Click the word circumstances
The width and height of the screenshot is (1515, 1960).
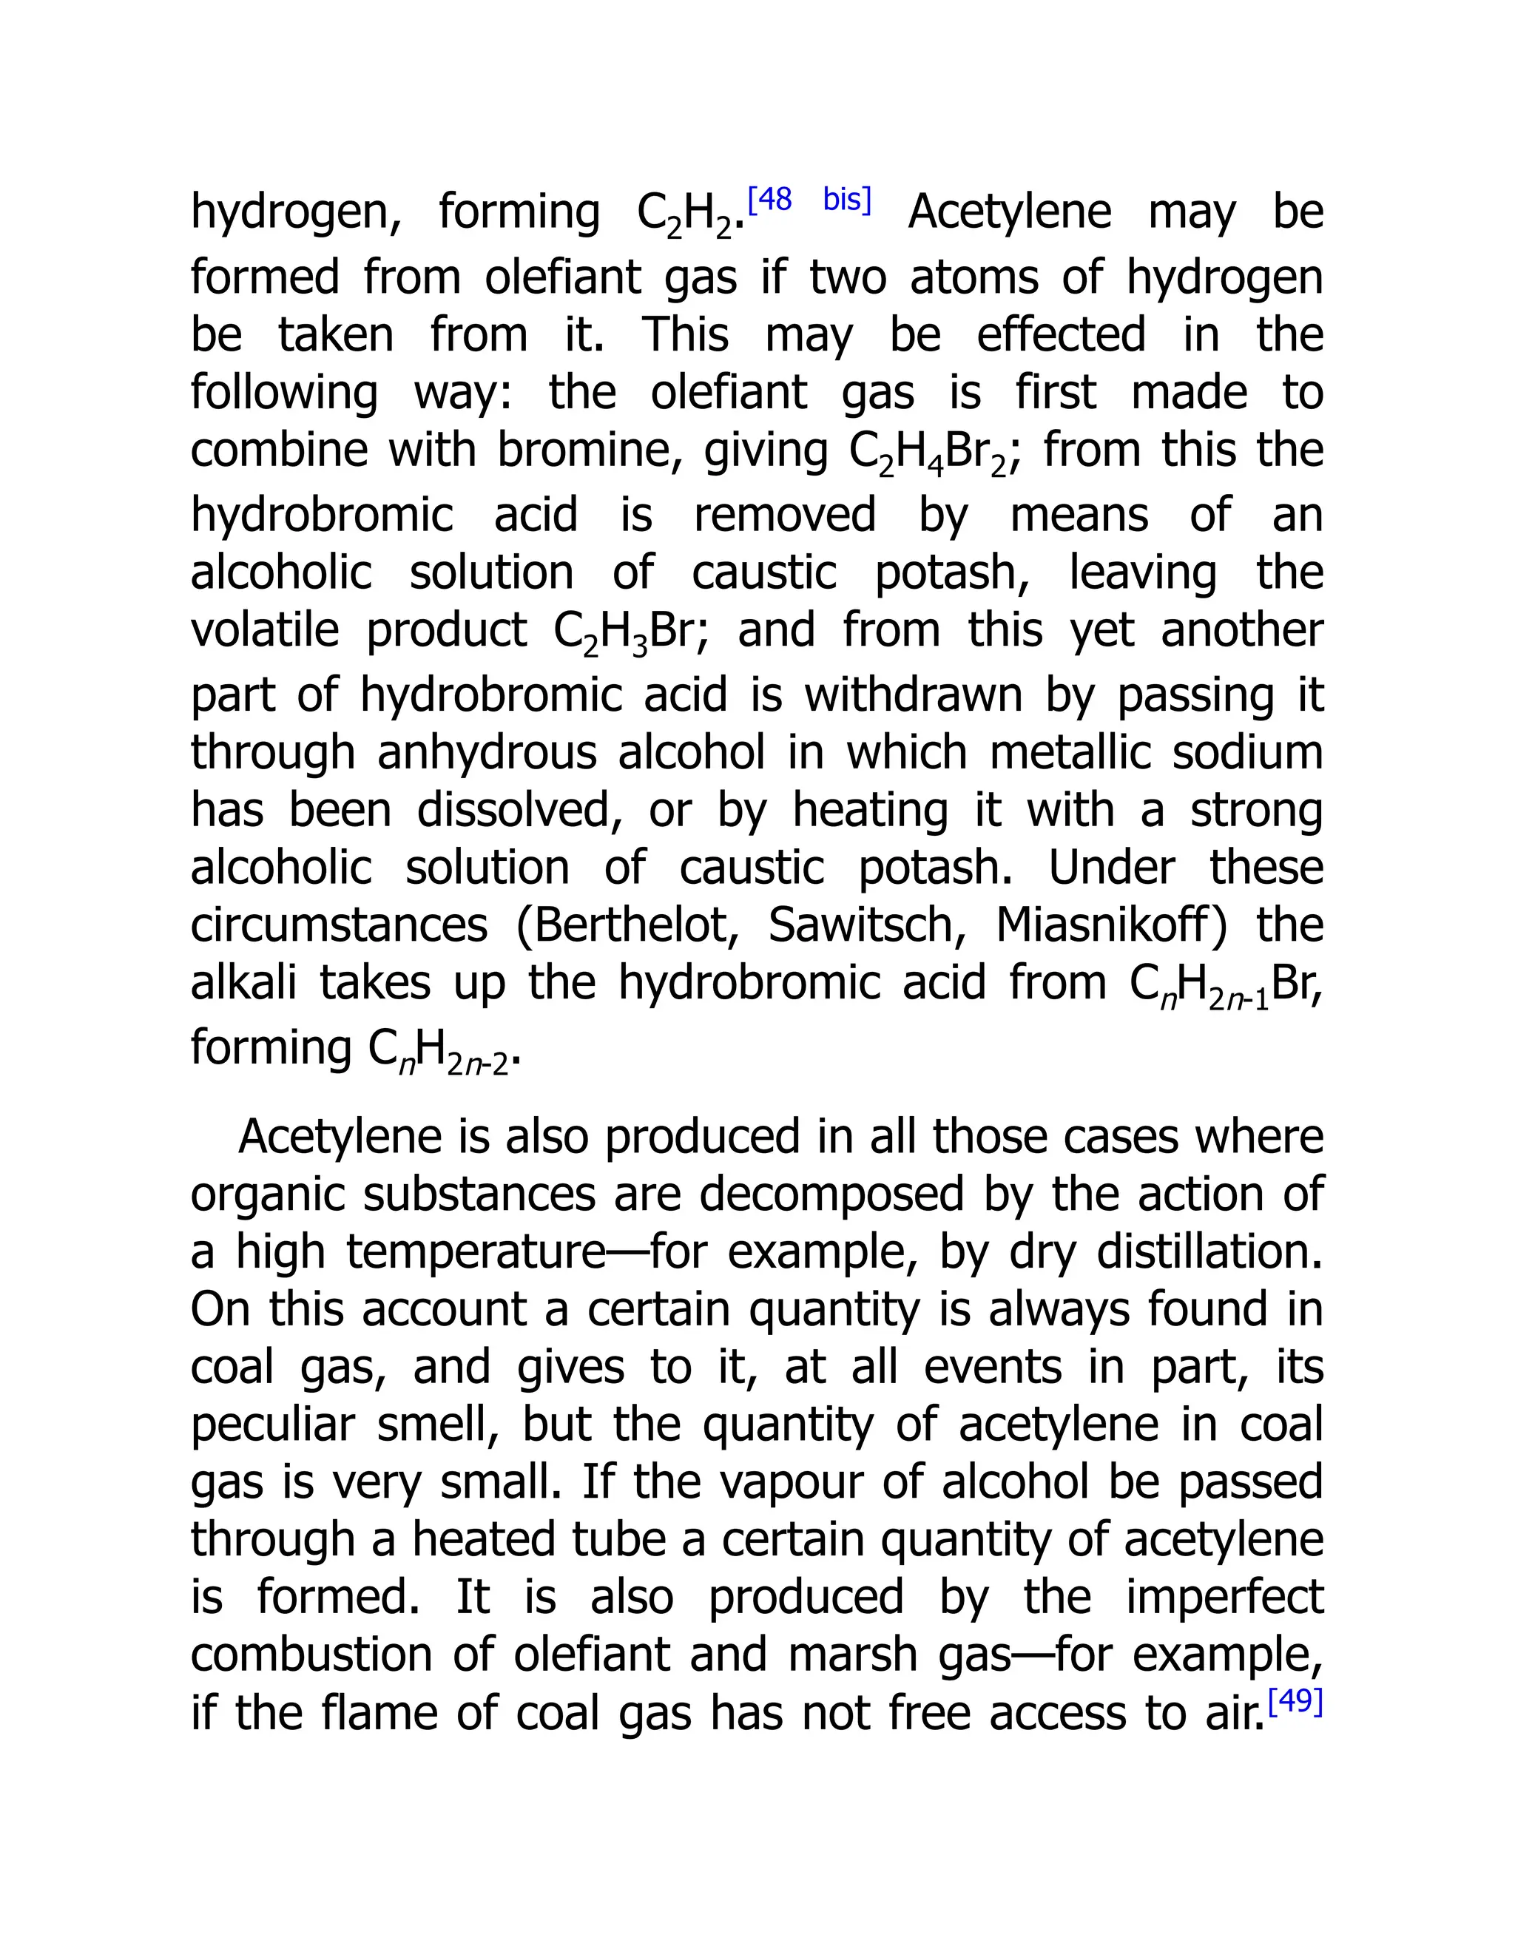[338, 925]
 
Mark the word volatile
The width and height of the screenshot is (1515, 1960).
[265, 630]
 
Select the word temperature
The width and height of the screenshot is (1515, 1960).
[476, 1253]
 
